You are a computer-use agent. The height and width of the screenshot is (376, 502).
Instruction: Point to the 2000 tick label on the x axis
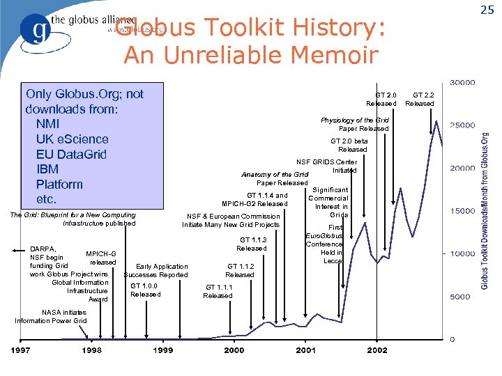(x=234, y=350)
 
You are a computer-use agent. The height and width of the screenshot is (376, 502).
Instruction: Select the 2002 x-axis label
(x=377, y=350)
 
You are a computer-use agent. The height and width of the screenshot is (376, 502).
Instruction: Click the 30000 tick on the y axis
(x=462, y=82)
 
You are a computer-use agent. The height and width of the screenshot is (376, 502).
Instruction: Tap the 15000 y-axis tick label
(x=462, y=210)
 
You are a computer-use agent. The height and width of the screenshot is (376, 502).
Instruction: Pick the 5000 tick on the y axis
(x=459, y=297)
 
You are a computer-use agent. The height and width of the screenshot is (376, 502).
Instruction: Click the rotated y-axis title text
(x=486, y=212)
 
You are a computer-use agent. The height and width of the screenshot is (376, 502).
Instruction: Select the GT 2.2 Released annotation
(x=420, y=99)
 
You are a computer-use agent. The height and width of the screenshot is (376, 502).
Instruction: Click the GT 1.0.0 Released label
(x=145, y=290)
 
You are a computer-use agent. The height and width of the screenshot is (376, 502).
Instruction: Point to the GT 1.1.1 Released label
(x=218, y=291)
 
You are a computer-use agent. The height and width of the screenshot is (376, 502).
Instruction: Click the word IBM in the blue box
(x=47, y=169)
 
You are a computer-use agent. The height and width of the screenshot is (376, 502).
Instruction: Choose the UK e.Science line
(x=72, y=139)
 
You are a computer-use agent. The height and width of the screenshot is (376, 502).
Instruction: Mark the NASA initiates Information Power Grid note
(x=51, y=316)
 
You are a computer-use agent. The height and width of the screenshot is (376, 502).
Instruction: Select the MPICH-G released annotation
(x=102, y=258)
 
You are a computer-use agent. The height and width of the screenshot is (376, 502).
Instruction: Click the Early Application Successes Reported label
(x=157, y=270)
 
